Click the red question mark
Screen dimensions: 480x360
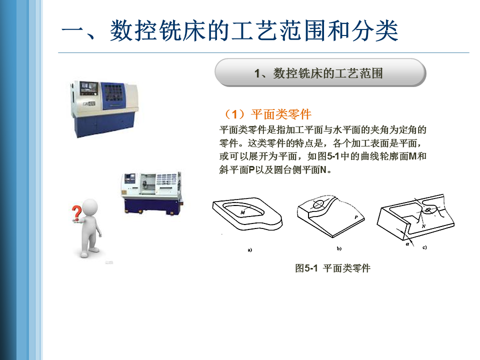click(x=76, y=213)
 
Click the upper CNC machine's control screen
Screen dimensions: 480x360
click(x=89, y=88)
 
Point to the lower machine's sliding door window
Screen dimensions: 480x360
click(x=148, y=183)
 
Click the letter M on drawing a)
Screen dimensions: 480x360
click(x=243, y=212)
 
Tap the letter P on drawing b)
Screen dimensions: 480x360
click(x=356, y=217)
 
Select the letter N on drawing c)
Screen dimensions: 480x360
click(x=423, y=226)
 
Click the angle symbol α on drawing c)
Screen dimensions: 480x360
click(x=407, y=244)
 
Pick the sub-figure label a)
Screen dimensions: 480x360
click(x=250, y=250)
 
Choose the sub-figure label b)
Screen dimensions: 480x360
click(x=339, y=248)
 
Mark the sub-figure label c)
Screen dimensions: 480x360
click(x=424, y=247)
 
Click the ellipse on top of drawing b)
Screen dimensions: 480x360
click(x=318, y=204)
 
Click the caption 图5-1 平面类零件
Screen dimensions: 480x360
click(x=333, y=268)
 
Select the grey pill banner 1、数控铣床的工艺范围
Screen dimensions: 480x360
click(x=320, y=73)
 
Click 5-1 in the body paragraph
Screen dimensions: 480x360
click(x=333, y=156)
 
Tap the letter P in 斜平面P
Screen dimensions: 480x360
click(x=251, y=169)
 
